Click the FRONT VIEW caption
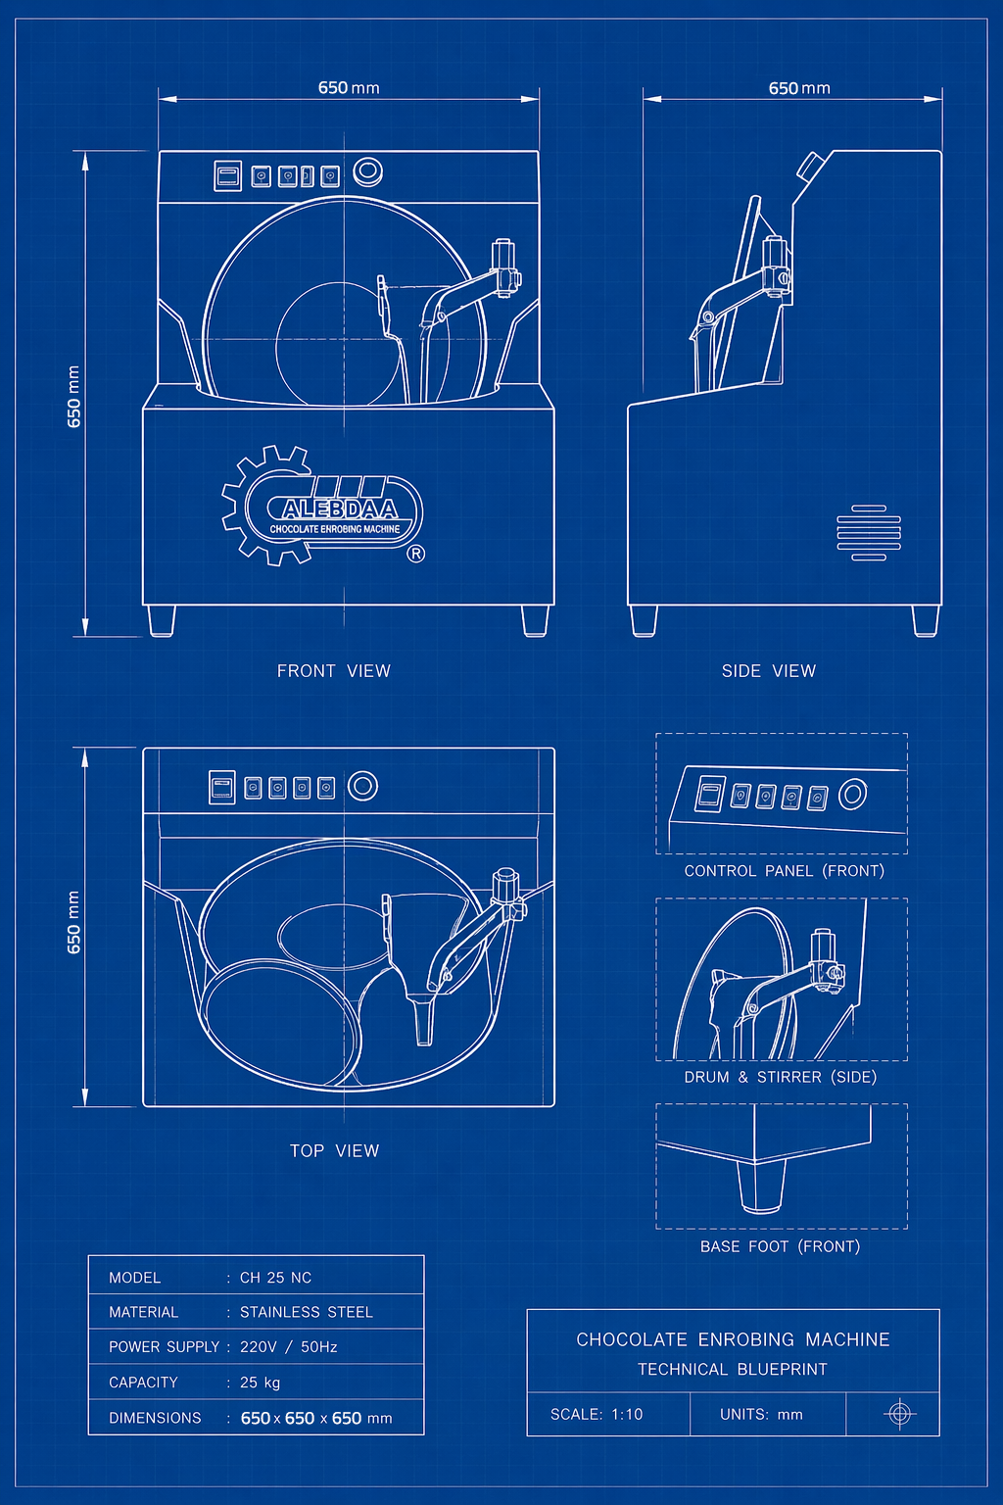pyautogui.click(x=334, y=670)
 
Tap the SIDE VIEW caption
pyautogui.click(x=769, y=670)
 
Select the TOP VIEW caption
pyautogui.click(x=335, y=1151)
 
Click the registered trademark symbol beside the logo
pyautogui.click(x=416, y=554)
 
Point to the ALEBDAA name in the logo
pyautogui.click(x=340, y=509)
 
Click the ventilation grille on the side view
pyautogui.click(x=869, y=533)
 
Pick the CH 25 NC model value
pyautogui.click(x=275, y=1278)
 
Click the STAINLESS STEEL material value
pyautogui.click(x=307, y=1312)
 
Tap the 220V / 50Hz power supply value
pyautogui.click(x=289, y=1347)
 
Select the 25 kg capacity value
pyautogui.click(x=260, y=1383)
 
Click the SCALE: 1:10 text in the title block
pyautogui.click(x=597, y=1414)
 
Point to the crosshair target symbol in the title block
pyautogui.click(x=899, y=1414)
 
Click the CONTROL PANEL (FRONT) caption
pyautogui.click(x=784, y=871)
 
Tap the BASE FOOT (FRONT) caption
pyautogui.click(x=780, y=1246)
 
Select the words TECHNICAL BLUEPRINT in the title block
pyautogui.click(x=733, y=1369)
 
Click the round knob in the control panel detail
pyautogui.click(x=853, y=795)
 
